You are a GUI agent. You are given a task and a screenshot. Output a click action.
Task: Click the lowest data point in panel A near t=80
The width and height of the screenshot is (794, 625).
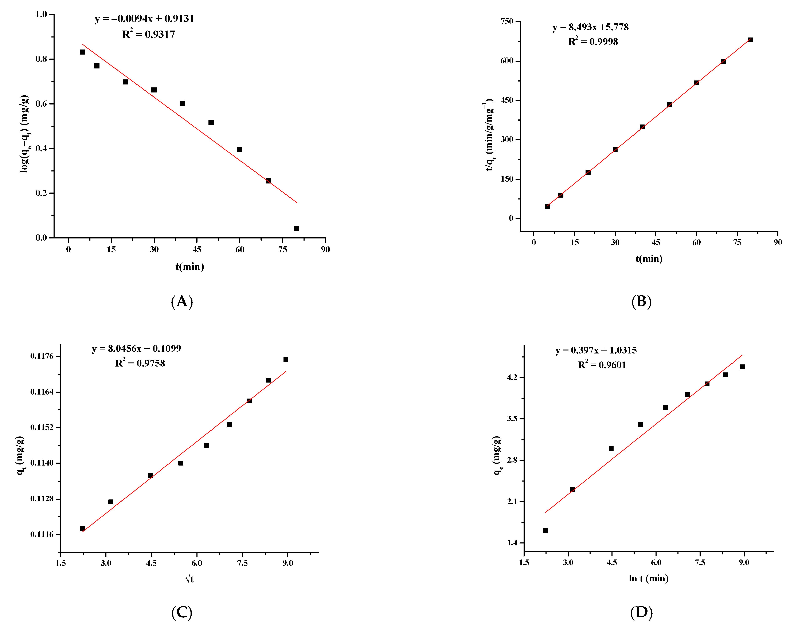pos(297,229)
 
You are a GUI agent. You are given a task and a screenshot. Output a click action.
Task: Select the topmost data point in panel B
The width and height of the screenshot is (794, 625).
pos(750,40)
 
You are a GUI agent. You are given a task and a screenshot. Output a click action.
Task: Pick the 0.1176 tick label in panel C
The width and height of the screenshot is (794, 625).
pos(42,356)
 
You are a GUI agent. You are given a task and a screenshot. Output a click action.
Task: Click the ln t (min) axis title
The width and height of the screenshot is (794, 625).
pos(648,578)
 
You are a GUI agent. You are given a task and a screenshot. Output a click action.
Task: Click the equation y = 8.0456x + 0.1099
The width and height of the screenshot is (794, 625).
pos(136,348)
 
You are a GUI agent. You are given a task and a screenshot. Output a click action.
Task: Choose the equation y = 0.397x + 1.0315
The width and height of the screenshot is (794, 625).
pos(596,350)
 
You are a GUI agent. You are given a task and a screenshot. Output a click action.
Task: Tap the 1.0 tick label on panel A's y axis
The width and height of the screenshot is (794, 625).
pos(41,14)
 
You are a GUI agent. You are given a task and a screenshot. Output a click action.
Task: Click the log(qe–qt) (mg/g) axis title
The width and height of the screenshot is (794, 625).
pos(24,134)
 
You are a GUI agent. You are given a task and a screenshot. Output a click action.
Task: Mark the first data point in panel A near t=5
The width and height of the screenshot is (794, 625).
pos(82,52)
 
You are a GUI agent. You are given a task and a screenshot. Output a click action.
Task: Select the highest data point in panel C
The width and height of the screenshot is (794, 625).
pos(286,359)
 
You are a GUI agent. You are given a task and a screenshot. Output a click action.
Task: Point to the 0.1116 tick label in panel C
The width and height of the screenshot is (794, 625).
pos(42,534)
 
